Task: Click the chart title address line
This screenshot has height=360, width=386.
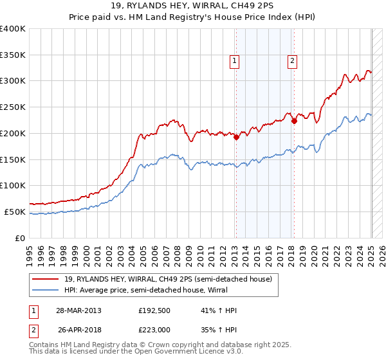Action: pos(193,6)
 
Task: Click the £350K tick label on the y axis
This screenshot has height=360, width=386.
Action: pos(13,55)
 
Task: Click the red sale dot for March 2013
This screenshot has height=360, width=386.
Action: pos(236,137)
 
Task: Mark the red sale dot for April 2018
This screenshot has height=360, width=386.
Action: pos(294,120)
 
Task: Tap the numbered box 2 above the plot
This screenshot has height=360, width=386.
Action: pos(292,61)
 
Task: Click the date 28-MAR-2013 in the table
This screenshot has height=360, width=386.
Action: pos(79,310)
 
